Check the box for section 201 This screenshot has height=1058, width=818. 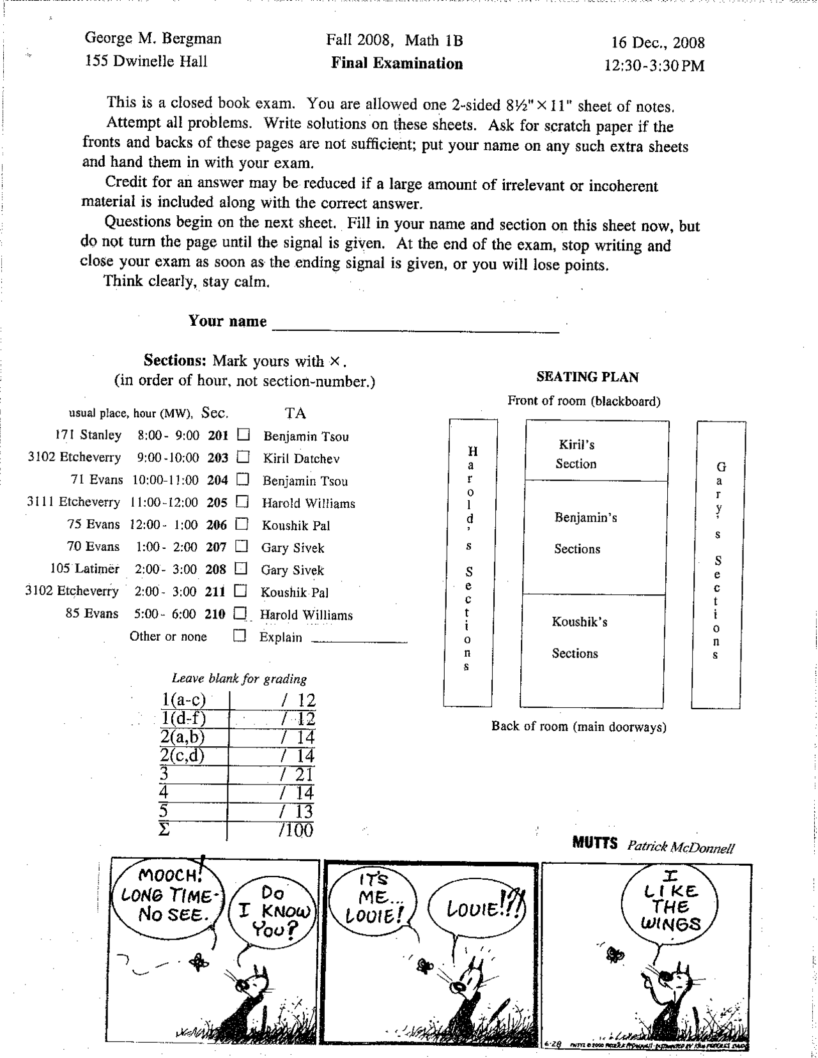coord(243,435)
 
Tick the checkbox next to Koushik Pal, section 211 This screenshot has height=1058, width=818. coord(240,591)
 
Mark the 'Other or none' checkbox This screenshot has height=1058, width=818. coord(240,636)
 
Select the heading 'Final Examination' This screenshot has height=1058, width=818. coord(396,63)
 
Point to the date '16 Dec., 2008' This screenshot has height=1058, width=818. coord(658,43)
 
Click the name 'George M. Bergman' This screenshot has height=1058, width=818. coord(153,38)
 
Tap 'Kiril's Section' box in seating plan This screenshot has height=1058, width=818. coord(596,453)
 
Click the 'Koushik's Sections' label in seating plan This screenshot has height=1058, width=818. coord(579,637)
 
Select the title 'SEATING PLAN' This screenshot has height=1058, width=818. coord(587,377)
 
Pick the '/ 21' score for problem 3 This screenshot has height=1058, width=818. coord(297,774)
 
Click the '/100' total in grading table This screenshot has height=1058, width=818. coord(296,830)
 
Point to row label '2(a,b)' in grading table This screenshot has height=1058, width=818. coord(183,737)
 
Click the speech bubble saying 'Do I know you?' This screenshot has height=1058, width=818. coord(274,911)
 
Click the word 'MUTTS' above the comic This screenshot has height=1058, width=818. coord(594,843)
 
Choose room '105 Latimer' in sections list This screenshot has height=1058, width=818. coord(85,569)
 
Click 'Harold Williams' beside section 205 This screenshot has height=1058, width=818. coord(308,503)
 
